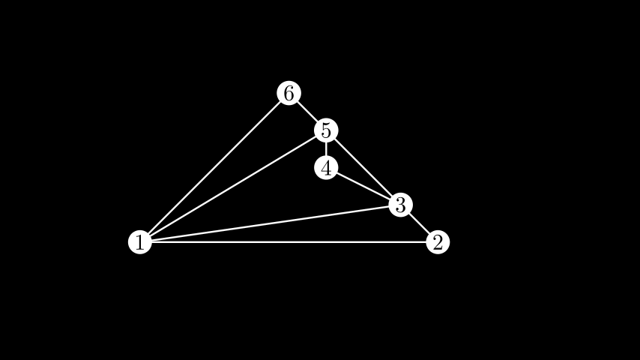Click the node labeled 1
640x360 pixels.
pos(139,242)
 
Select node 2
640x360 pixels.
pos(438,242)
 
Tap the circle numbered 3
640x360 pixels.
pos(400,205)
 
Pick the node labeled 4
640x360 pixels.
pos(326,168)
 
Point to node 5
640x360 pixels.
pos(326,130)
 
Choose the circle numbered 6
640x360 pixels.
pos(289,93)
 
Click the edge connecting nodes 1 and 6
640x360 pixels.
pos(214,168)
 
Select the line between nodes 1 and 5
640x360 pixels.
pos(232,187)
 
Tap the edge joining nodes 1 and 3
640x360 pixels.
pos(270,223)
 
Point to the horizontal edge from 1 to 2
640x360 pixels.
pos(289,242)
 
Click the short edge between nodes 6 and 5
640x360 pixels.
pos(307,112)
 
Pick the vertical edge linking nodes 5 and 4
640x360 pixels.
pos(326,149)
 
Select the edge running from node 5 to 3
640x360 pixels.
pos(363,168)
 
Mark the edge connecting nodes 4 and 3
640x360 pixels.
pos(363,186)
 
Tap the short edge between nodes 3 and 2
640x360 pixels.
pos(419,223)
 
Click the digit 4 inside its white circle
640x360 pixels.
pos(326,168)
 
